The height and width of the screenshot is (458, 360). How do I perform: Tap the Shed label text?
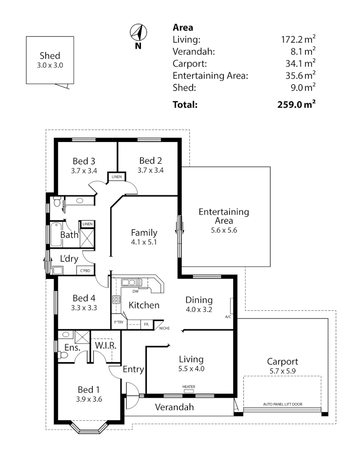tap(50, 56)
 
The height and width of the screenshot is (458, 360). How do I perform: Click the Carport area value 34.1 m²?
tap(300, 64)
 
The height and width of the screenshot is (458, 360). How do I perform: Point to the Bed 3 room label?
tap(84, 161)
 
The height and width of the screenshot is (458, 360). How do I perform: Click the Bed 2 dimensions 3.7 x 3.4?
tap(150, 170)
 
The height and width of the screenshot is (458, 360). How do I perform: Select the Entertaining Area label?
tap(224, 216)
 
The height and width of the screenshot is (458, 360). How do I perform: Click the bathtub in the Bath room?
tap(56, 235)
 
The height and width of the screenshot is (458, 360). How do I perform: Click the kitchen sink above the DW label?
tap(132, 282)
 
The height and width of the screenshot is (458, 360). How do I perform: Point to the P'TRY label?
tap(119, 323)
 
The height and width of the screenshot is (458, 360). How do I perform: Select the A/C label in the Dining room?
tap(228, 316)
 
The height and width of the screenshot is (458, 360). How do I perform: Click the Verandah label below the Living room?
tap(174, 407)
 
